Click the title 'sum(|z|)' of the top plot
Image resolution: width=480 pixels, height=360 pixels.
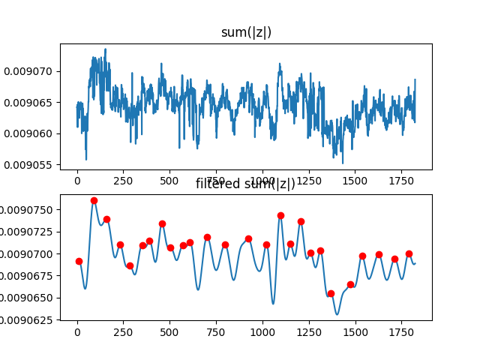click(246, 32)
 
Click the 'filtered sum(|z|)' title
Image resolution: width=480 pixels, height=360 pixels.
click(246, 184)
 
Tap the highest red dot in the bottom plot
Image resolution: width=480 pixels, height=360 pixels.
click(94, 200)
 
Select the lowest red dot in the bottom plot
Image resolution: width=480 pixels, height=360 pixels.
click(331, 293)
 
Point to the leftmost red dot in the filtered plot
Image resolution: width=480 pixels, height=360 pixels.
click(79, 261)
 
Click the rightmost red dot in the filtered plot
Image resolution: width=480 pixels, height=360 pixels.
click(409, 253)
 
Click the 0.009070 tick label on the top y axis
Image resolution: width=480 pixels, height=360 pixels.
click(30, 71)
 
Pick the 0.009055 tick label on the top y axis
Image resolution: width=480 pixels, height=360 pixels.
click(30, 164)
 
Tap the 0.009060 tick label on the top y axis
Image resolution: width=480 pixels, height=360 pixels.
click(30, 133)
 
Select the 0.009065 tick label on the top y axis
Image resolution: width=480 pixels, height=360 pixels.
click(30, 102)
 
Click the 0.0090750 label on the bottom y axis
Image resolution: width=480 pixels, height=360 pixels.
click(30, 209)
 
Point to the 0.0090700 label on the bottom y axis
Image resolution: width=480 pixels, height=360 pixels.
click(30, 253)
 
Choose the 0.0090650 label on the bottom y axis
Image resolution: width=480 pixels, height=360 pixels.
click(30, 298)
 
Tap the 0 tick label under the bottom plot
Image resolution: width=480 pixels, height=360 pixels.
click(77, 331)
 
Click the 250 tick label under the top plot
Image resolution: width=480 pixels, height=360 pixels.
click(123, 181)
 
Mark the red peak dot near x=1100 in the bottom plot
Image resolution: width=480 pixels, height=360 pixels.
click(280, 215)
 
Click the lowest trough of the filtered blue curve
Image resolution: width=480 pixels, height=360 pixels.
click(337, 313)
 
